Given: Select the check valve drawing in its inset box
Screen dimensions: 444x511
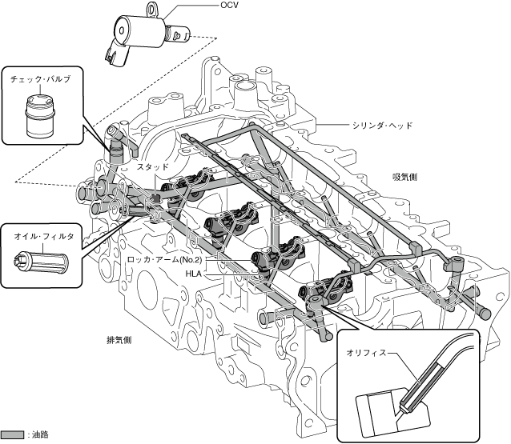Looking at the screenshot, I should [x=39, y=116].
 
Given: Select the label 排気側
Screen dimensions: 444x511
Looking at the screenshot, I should [x=119, y=339].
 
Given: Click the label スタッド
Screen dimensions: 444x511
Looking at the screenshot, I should [x=152, y=167].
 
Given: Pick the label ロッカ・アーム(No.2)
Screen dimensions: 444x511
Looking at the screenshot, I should [x=166, y=261].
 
